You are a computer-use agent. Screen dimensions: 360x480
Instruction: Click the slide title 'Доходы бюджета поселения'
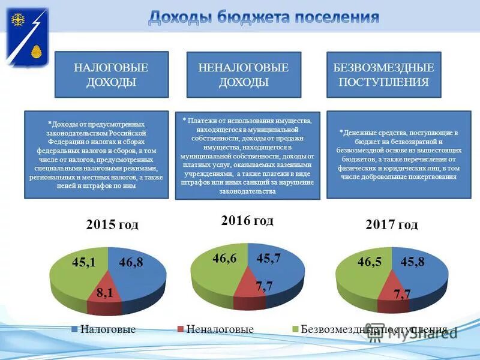click(263, 17)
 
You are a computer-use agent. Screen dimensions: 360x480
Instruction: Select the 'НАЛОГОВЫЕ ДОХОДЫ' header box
click(112, 74)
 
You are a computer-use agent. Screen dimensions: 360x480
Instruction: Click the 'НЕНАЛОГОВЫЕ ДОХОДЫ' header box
click(244, 74)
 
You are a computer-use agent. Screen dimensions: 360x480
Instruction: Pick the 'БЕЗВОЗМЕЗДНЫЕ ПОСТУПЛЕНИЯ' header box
click(383, 74)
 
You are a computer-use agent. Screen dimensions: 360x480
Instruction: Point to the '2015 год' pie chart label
click(112, 225)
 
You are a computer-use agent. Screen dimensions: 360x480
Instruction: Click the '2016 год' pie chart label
click(247, 221)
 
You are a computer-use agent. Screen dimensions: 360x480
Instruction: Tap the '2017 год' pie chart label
click(391, 225)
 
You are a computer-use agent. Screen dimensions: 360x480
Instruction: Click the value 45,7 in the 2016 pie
click(269, 258)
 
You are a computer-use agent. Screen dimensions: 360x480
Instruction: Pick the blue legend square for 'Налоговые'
click(75, 329)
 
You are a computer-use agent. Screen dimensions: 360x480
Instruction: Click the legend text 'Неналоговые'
click(220, 329)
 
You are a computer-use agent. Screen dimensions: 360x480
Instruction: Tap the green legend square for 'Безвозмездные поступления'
click(295, 329)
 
